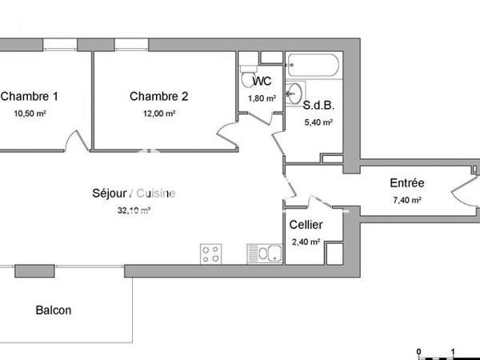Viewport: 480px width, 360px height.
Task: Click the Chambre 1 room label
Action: coord(29,97)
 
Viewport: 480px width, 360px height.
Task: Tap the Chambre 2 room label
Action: coord(158,97)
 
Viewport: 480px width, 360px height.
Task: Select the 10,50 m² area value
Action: coord(30,114)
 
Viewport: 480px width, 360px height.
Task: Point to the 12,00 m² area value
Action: coord(158,114)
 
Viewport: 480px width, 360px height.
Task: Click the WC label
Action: coord(262,81)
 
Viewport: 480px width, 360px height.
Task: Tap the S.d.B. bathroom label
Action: coord(318,105)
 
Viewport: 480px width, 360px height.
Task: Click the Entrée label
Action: coord(406,183)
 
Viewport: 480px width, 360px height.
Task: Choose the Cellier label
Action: coord(306,225)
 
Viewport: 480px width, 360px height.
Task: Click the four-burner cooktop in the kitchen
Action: coord(211,254)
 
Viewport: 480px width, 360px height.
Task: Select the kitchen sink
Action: coord(264,254)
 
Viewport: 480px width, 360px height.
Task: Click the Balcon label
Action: coord(53,310)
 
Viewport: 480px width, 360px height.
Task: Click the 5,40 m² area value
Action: coord(318,122)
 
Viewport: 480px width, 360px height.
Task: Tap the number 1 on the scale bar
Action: coord(453,350)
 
